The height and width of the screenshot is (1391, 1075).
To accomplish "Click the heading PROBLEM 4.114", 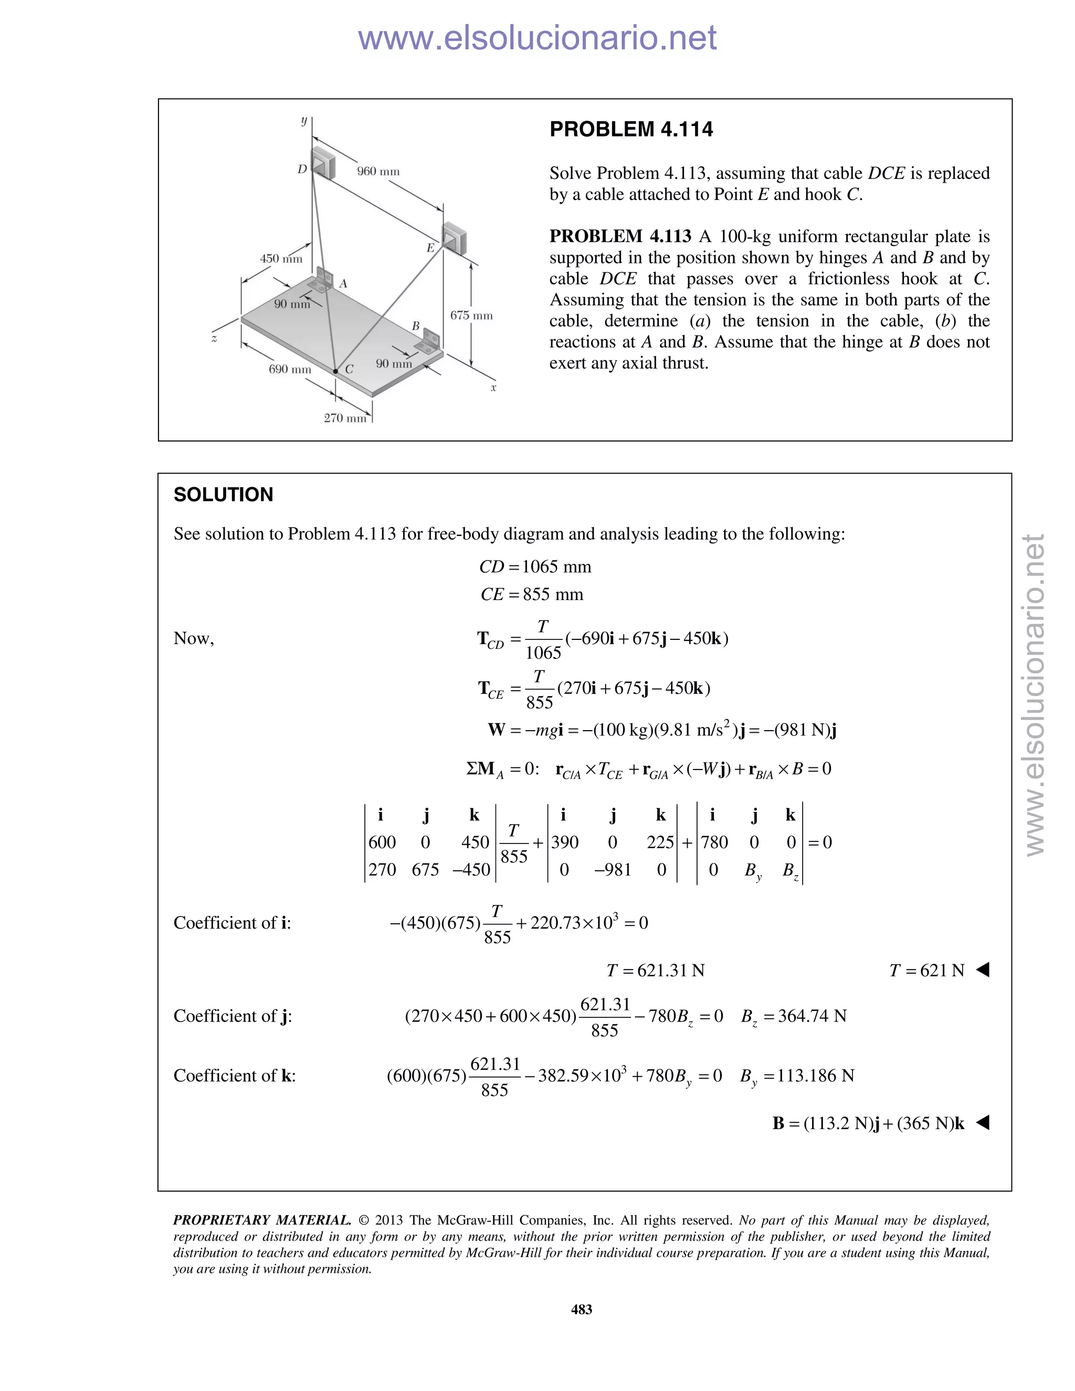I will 630,129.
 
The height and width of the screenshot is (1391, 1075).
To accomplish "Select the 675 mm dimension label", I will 471,315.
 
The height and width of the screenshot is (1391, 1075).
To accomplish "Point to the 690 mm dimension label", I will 290,370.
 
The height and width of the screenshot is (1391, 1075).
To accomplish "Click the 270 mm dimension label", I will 344,418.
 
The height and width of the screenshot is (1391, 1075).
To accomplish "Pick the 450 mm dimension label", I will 281,259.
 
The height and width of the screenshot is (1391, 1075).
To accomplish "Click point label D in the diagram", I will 302,170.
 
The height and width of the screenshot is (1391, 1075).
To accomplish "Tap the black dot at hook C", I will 335,371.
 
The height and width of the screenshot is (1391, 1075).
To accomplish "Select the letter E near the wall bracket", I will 430,248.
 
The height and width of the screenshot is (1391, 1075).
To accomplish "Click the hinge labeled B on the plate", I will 428,344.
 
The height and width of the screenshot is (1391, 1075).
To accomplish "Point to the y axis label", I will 304,120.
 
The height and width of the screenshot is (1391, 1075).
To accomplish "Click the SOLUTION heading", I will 223,494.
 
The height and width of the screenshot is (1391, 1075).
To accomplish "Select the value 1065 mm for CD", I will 556,567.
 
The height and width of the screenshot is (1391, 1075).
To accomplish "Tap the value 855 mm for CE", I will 552,594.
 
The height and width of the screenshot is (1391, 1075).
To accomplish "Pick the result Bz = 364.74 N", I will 794,1016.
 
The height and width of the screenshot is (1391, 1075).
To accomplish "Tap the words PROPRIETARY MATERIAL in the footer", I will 262,1220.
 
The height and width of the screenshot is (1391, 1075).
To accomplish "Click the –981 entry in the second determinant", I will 612,869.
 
